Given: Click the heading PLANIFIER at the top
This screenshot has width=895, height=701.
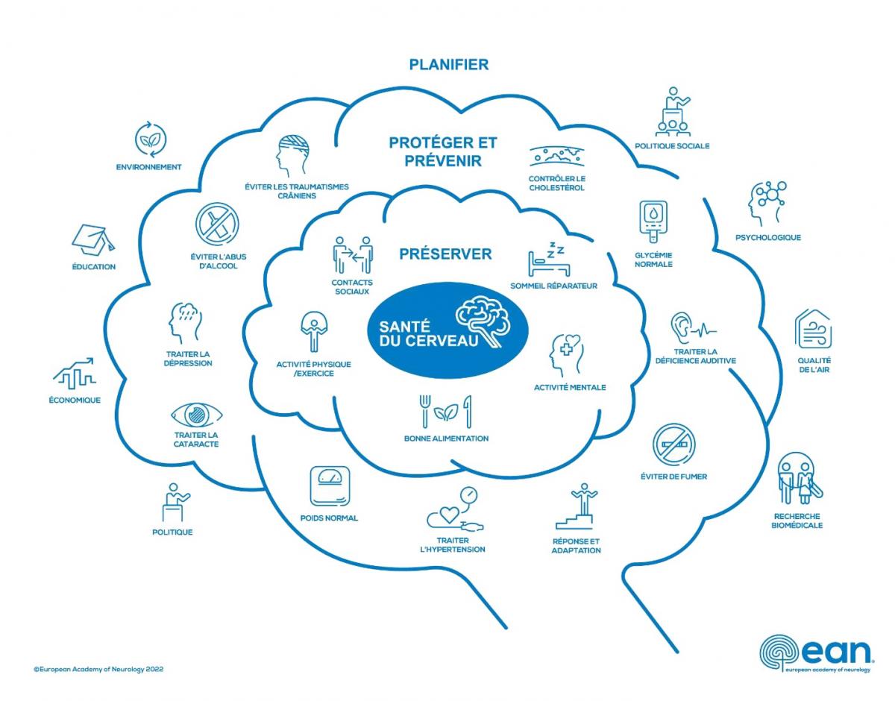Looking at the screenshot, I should (449, 65).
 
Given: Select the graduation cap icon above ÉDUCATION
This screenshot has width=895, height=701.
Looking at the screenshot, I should (94, 238).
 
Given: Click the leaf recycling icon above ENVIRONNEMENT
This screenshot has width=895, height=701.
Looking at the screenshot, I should (150, 139).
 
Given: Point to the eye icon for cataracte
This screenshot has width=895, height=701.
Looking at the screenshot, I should (197, 415).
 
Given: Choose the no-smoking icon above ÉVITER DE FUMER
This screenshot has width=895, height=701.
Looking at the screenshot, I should (673, 444).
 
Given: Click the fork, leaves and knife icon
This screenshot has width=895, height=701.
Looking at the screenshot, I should (446, 410).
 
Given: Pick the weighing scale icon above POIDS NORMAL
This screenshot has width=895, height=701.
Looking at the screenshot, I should (329, 487).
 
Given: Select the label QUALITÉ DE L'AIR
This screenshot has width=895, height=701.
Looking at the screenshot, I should (814, 365).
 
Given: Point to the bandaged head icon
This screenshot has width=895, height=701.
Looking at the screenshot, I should (292, 155).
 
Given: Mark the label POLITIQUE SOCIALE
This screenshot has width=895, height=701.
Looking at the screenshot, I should (672, 146).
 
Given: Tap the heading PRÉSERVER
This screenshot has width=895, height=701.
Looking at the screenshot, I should (445, 254).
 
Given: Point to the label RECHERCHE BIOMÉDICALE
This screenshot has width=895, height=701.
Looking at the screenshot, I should (797, 521).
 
